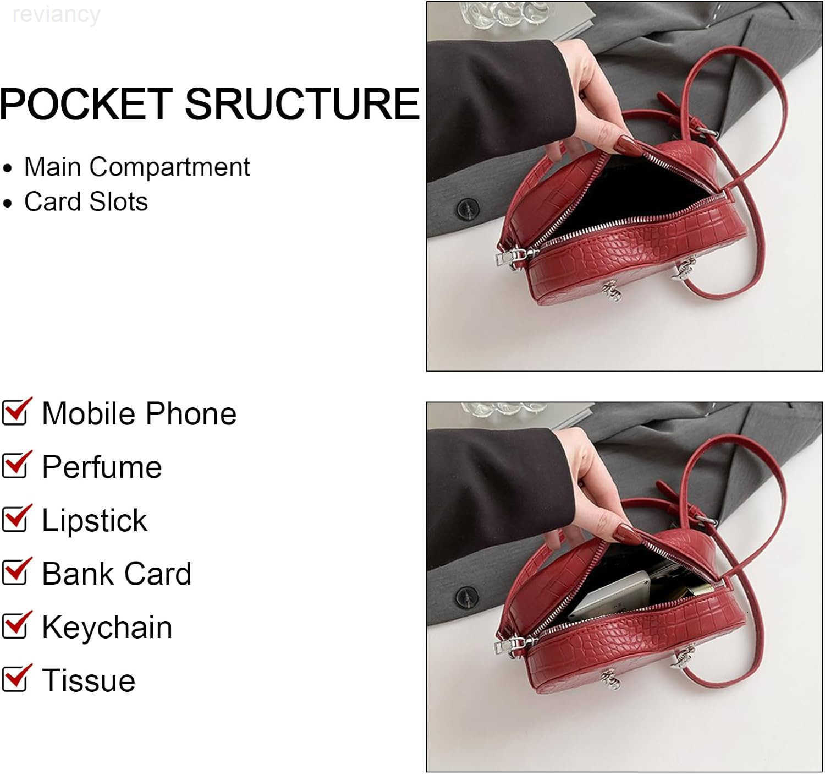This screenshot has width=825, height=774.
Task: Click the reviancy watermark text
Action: [57, 15]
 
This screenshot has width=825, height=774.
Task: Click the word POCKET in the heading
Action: [86, 104]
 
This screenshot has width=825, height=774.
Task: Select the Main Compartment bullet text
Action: [137, 167]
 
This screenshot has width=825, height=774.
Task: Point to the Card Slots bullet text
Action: [86, 202]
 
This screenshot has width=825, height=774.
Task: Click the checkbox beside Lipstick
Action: [16, 518]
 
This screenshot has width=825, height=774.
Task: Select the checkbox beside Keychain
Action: [16, 625]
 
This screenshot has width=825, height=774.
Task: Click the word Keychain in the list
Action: [107, 628]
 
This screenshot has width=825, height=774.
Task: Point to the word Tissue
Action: [89, 681]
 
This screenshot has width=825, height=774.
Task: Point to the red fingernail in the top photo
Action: [628, 145]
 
